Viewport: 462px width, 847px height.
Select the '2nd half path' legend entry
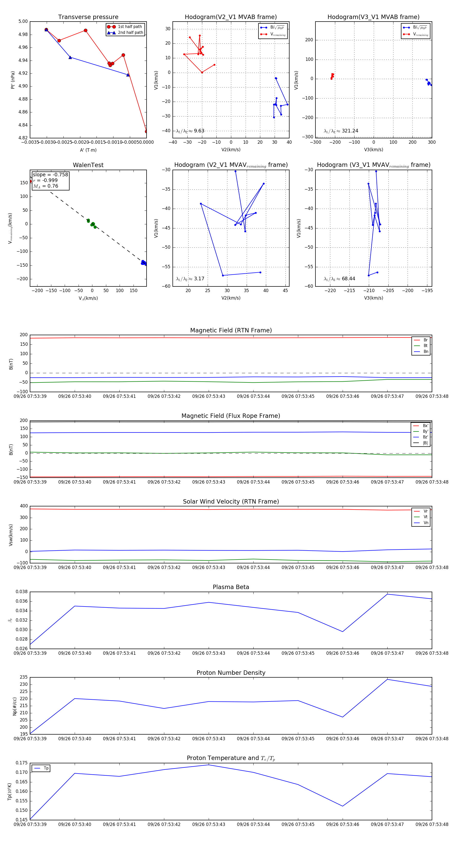click(130, 33)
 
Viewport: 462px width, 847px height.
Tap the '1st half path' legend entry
click(130, 27)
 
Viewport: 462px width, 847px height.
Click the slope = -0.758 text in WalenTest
click(50, 175)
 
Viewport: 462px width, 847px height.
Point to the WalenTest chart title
click(88, 165)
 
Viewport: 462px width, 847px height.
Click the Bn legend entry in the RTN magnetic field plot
click(426, 351)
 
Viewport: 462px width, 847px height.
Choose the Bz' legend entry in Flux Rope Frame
click(425, 437)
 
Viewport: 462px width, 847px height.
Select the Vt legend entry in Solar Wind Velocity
click(426, 517)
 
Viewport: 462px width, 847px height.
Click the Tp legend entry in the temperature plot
click(46, 768)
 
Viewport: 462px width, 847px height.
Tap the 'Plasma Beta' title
click(231, 587)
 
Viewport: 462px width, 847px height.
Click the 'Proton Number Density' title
click(231, 673)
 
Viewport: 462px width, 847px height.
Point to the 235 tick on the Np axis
click(23, 677)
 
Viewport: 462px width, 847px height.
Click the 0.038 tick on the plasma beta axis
click(21, 592)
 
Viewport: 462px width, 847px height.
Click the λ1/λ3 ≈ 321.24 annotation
click(341, 131)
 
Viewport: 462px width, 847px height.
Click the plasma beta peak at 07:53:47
click(387, 594)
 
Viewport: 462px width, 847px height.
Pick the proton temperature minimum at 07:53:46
click(343, 806)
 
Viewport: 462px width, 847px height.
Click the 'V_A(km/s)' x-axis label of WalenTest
click(88, 298)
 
